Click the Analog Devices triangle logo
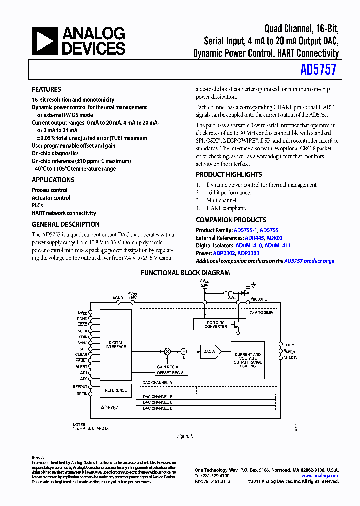click(45, 41)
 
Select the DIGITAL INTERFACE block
click(116, 345)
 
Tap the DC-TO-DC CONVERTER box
click(216, 324)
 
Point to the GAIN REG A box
click(167, 367)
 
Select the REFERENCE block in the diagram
click(116, 390)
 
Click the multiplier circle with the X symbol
click(167, 351)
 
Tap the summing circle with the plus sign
click(184, 351)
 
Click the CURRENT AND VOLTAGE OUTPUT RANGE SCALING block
click(247, 360)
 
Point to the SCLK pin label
click(82, 331)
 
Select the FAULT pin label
click(82, 360)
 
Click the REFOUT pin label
click(80, 387)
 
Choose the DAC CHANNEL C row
click(158, 402)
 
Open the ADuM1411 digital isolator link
click(277, 245)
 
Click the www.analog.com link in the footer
click(320, 476)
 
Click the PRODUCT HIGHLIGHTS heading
click(229, 174)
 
